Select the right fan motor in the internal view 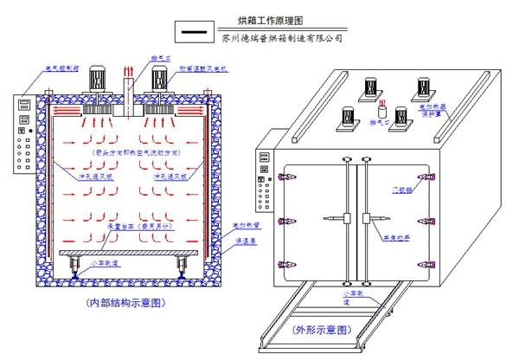(x=161, y=80)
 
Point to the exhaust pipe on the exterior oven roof (x=381, y=112)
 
